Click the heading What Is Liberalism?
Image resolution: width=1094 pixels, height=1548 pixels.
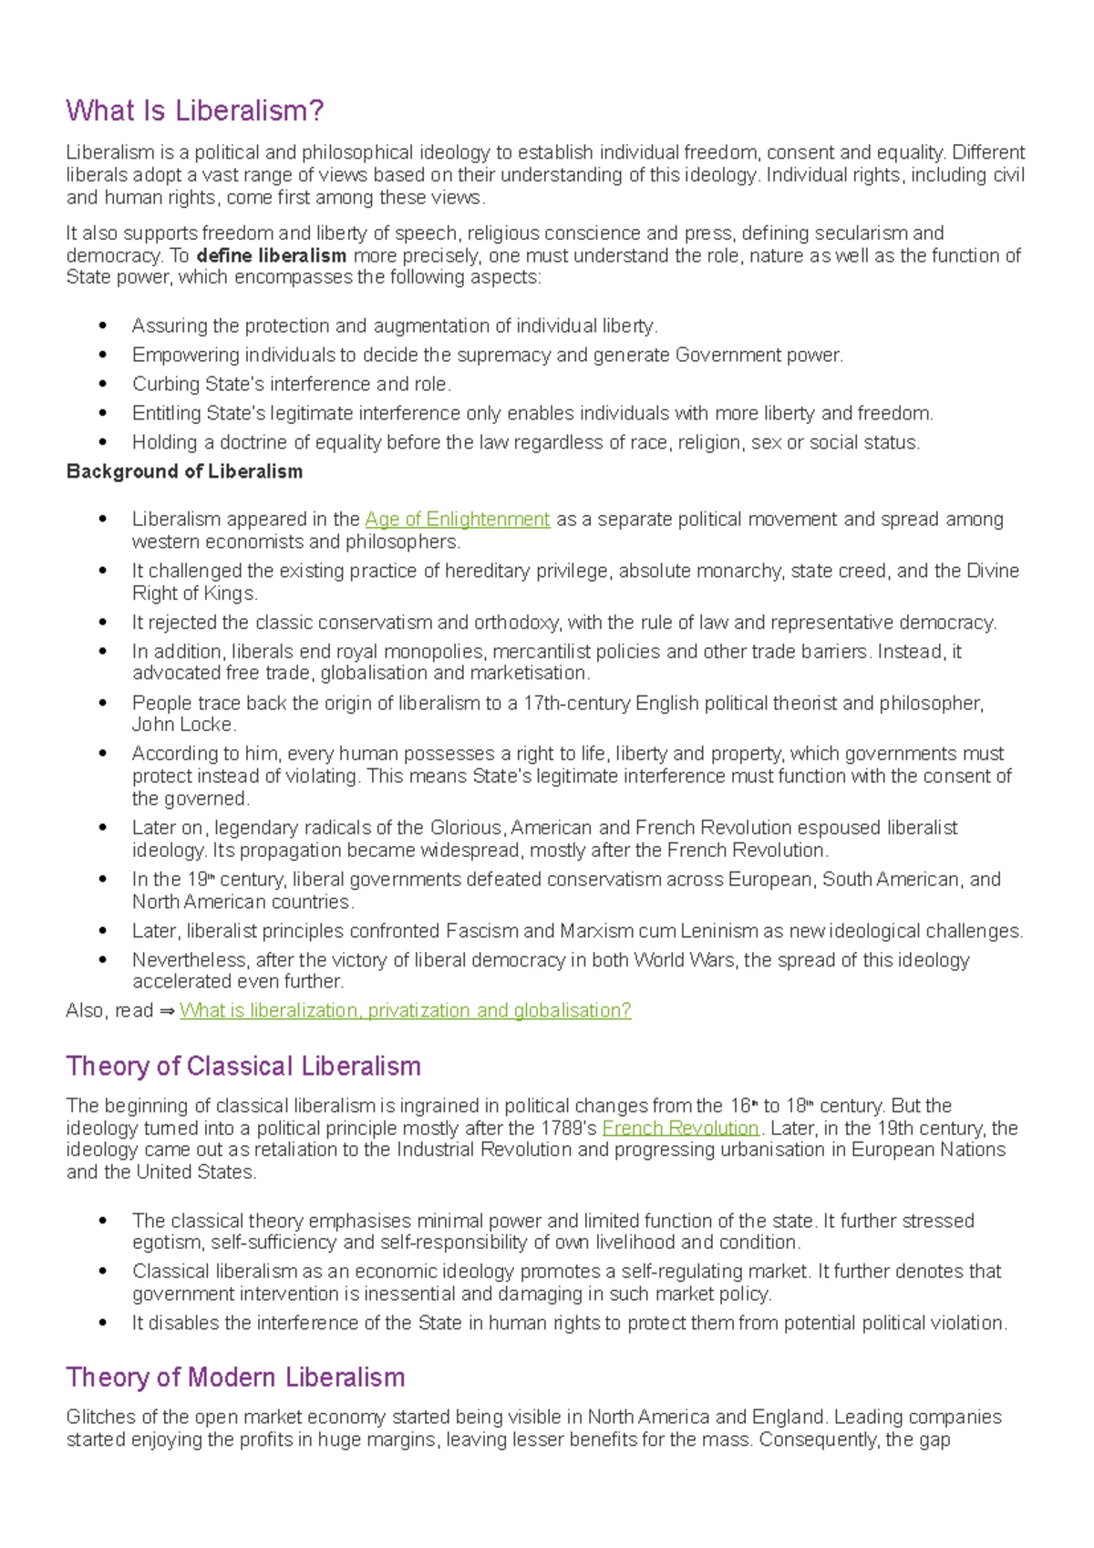tap(195, 111)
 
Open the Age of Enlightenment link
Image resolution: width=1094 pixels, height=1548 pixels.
tap(457, 520)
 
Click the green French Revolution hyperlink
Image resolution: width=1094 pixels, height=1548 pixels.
tap(680, 1128)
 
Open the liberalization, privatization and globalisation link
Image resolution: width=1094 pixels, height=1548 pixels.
tap(405, 1011)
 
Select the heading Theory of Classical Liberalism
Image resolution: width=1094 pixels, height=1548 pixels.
tap(243, 1067)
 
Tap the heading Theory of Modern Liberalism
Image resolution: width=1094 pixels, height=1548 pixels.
tap(235, 1378)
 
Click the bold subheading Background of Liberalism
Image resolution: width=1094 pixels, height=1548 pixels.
tap(184, 472)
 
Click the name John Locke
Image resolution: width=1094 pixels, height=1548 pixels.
tap(182, 725)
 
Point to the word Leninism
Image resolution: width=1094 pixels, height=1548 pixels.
tap(714, 932)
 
